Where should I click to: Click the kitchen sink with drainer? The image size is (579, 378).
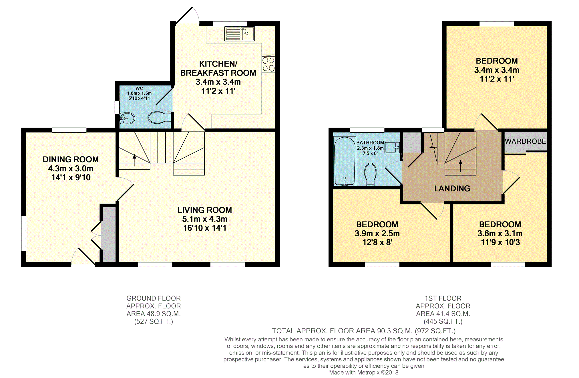pos(240,33)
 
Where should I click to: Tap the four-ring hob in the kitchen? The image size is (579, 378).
pos(268,63)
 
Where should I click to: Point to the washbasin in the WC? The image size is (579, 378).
pos(127,118)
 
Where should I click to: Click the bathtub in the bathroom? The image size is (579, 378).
pos(345,161)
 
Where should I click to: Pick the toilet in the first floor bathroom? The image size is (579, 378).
pos(371,174)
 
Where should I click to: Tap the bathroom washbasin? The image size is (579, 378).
pos(392,148)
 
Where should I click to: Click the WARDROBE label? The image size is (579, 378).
pos(526,141)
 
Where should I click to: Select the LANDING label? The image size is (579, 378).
pos(452,189)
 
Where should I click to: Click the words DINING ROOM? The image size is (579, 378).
pos(71,159)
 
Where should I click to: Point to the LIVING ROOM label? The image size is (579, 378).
pos(205,210)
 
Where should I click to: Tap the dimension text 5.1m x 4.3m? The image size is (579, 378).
pos(205,219)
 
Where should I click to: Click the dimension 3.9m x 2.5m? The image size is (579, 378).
pos(377,233)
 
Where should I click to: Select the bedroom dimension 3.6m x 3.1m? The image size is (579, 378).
pos(500,233)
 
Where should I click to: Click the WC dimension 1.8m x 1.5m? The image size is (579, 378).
pos(139,93)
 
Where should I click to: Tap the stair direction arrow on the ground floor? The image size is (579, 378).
pos(134,160)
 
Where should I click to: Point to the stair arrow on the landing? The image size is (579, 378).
pos(460,166)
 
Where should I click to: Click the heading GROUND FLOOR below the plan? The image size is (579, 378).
pos(154,298)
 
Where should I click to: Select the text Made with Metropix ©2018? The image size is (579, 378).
pos(364,373)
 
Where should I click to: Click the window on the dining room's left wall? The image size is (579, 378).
pos(24,233)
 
